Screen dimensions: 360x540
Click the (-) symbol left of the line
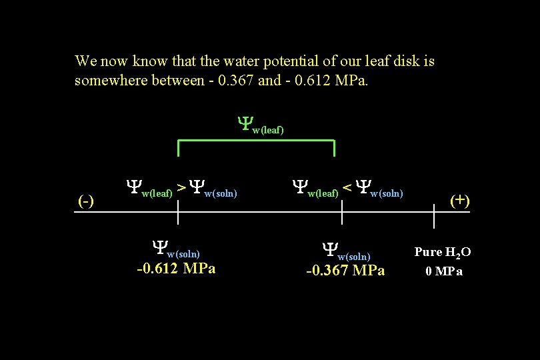click(x=85, y=201)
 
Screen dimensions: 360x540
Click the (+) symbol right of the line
click(x=459, y=200)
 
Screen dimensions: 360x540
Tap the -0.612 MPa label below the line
click(x=176, y=269)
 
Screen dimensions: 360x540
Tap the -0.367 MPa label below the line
click(x=345, y=270)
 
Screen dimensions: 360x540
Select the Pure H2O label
click(x=443, y=252)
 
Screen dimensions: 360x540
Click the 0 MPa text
click(x=444, y=271)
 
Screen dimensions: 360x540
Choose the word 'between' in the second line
click(x=169, y=81)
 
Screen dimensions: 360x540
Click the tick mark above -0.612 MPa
click(x=178, y=213)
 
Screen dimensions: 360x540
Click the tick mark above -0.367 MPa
click(x=342, y=213)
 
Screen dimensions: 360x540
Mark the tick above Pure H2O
click(x=434, y=216)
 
